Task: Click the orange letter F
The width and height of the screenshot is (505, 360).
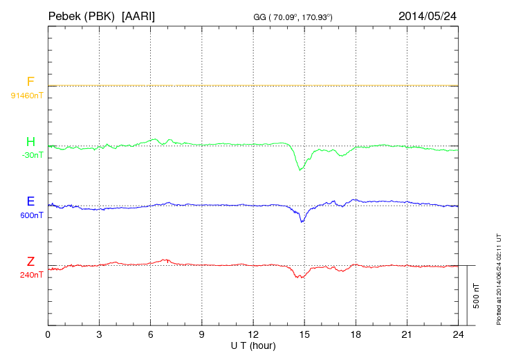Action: (x=30, y=82)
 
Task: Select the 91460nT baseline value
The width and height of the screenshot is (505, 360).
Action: (x=27, y=95)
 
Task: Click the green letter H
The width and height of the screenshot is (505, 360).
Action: (x=30, y=142)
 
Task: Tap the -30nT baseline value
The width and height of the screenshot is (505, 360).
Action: (x=32, y=155)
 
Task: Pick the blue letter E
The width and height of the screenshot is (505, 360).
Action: (x=30, y=201)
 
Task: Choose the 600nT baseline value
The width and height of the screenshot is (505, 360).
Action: (x=32, y=215)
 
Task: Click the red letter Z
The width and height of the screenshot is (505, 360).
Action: (x=30, y=261)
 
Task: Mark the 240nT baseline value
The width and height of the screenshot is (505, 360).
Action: (x=32, y=275)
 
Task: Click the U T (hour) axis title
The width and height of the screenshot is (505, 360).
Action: (x=253, y=345)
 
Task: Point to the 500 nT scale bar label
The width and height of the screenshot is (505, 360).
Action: (x=476, y=296)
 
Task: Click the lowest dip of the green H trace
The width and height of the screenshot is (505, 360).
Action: (x=300, y=170)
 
